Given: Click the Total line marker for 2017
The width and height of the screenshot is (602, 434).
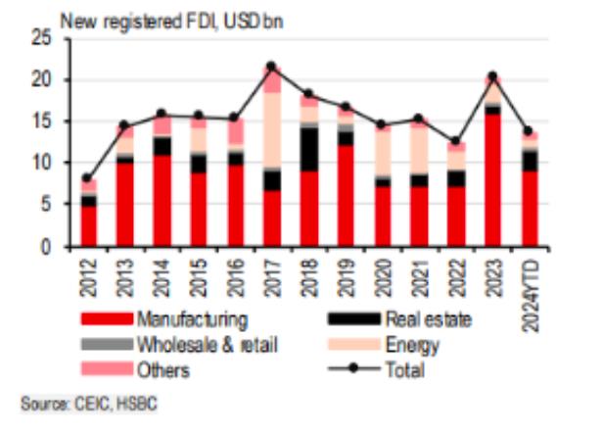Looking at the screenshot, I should coord(272,67).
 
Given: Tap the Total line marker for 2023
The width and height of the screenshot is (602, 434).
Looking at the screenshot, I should coord(494,76).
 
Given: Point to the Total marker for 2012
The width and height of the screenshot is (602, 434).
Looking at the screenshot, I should coord(89,178).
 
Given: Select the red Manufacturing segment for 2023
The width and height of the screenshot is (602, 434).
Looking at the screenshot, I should coord(494,180).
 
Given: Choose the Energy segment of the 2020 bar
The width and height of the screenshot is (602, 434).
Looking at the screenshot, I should coord(384,153).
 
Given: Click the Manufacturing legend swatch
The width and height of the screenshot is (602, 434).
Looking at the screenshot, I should coord(106,319).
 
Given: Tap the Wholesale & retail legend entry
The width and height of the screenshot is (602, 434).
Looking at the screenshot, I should coord(205,345).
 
